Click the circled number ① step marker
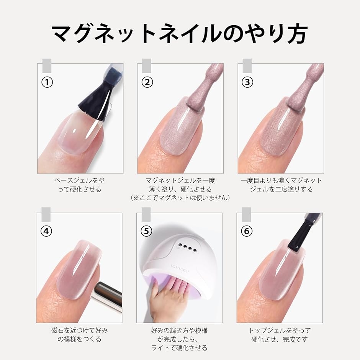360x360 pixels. [x=47, y=82]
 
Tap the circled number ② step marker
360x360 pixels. [x=147, y=82]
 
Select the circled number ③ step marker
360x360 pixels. [x=247, y=82]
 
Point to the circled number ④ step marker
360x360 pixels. [x=46, y=231]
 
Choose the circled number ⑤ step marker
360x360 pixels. [x=146, y=231]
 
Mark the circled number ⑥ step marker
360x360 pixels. [x=247, y=231]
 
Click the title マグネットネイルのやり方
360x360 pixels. [x=180, y=34]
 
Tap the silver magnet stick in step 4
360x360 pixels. [x=107, y=296]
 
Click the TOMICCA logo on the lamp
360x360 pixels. [x=180, y=268]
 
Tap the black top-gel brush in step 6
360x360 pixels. [x=301, y=232]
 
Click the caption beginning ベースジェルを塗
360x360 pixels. [x=80, y=185]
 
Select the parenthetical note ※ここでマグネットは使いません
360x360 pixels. [x=180, y=198]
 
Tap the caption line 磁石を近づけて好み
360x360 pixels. [x=79, y=331]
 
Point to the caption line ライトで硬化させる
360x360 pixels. [x=179, y=348]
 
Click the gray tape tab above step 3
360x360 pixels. [x=247, y=65]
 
